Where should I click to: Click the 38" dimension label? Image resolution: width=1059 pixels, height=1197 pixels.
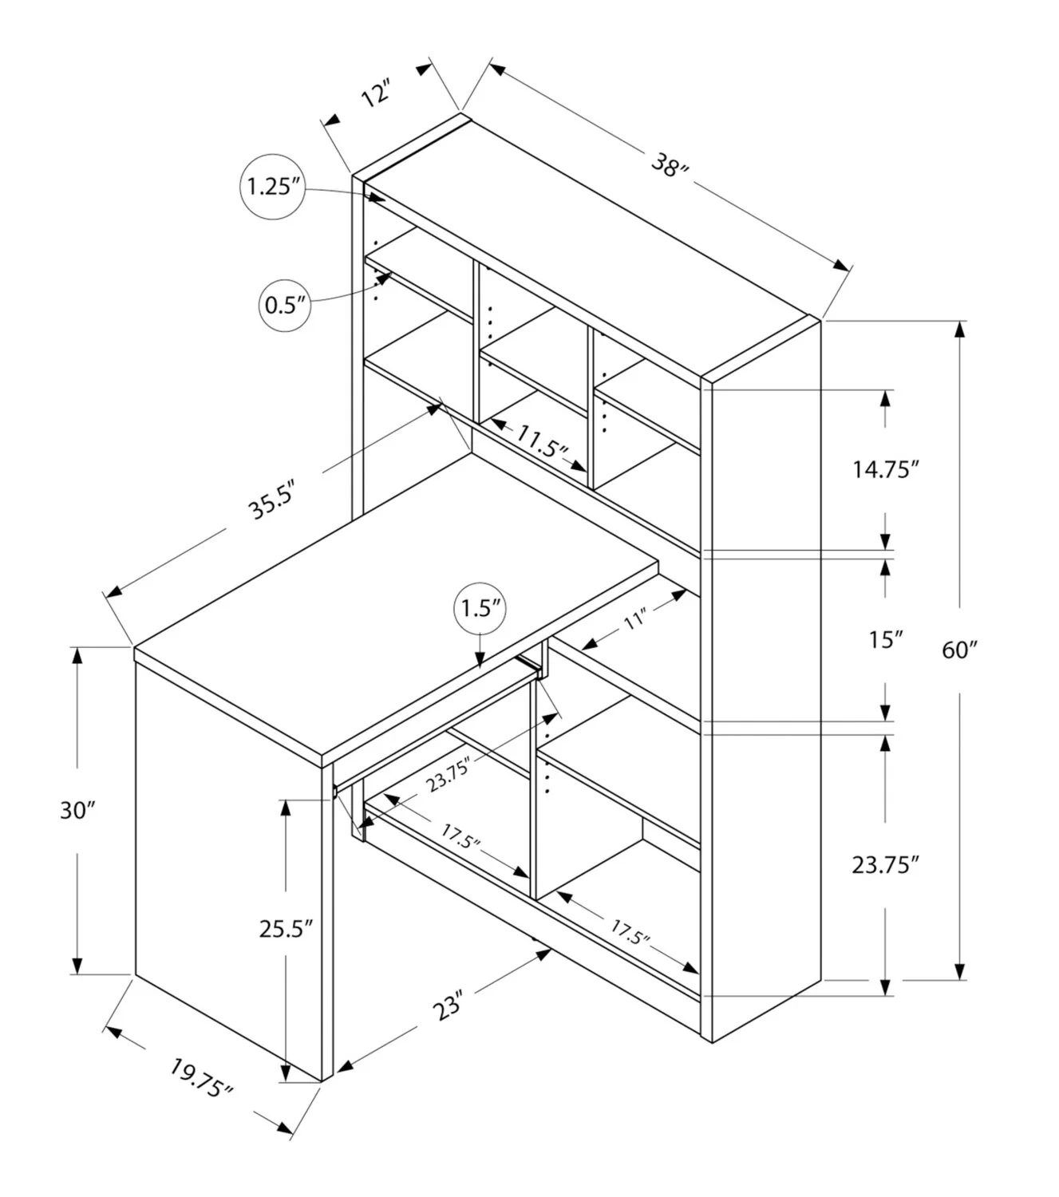(x=670, y=165)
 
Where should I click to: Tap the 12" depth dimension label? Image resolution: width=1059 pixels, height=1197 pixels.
(x=377, y=93)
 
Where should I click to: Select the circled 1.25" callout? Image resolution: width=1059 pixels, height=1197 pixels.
(x=272, y=187)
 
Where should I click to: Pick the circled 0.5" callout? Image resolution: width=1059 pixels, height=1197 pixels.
(x=285, y=306)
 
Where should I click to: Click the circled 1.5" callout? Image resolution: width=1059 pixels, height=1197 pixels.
(x=480, y=609)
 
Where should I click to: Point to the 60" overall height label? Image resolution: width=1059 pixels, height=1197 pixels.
(x=960, y=650)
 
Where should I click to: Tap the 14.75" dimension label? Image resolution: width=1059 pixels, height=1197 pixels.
(x=885, y=470)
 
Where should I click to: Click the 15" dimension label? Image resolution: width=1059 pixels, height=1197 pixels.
(x=885, y=640)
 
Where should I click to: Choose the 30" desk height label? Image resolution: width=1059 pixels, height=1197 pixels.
(x=77, y=811)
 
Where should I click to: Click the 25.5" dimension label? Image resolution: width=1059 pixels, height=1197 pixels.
(x=286, y=929)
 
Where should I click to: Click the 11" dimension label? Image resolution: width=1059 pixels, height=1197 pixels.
(x=634, y=620)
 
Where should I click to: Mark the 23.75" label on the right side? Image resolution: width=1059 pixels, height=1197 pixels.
(x=885, y=866)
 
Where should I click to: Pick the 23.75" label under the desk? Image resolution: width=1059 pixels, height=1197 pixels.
(x=448, y=775)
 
